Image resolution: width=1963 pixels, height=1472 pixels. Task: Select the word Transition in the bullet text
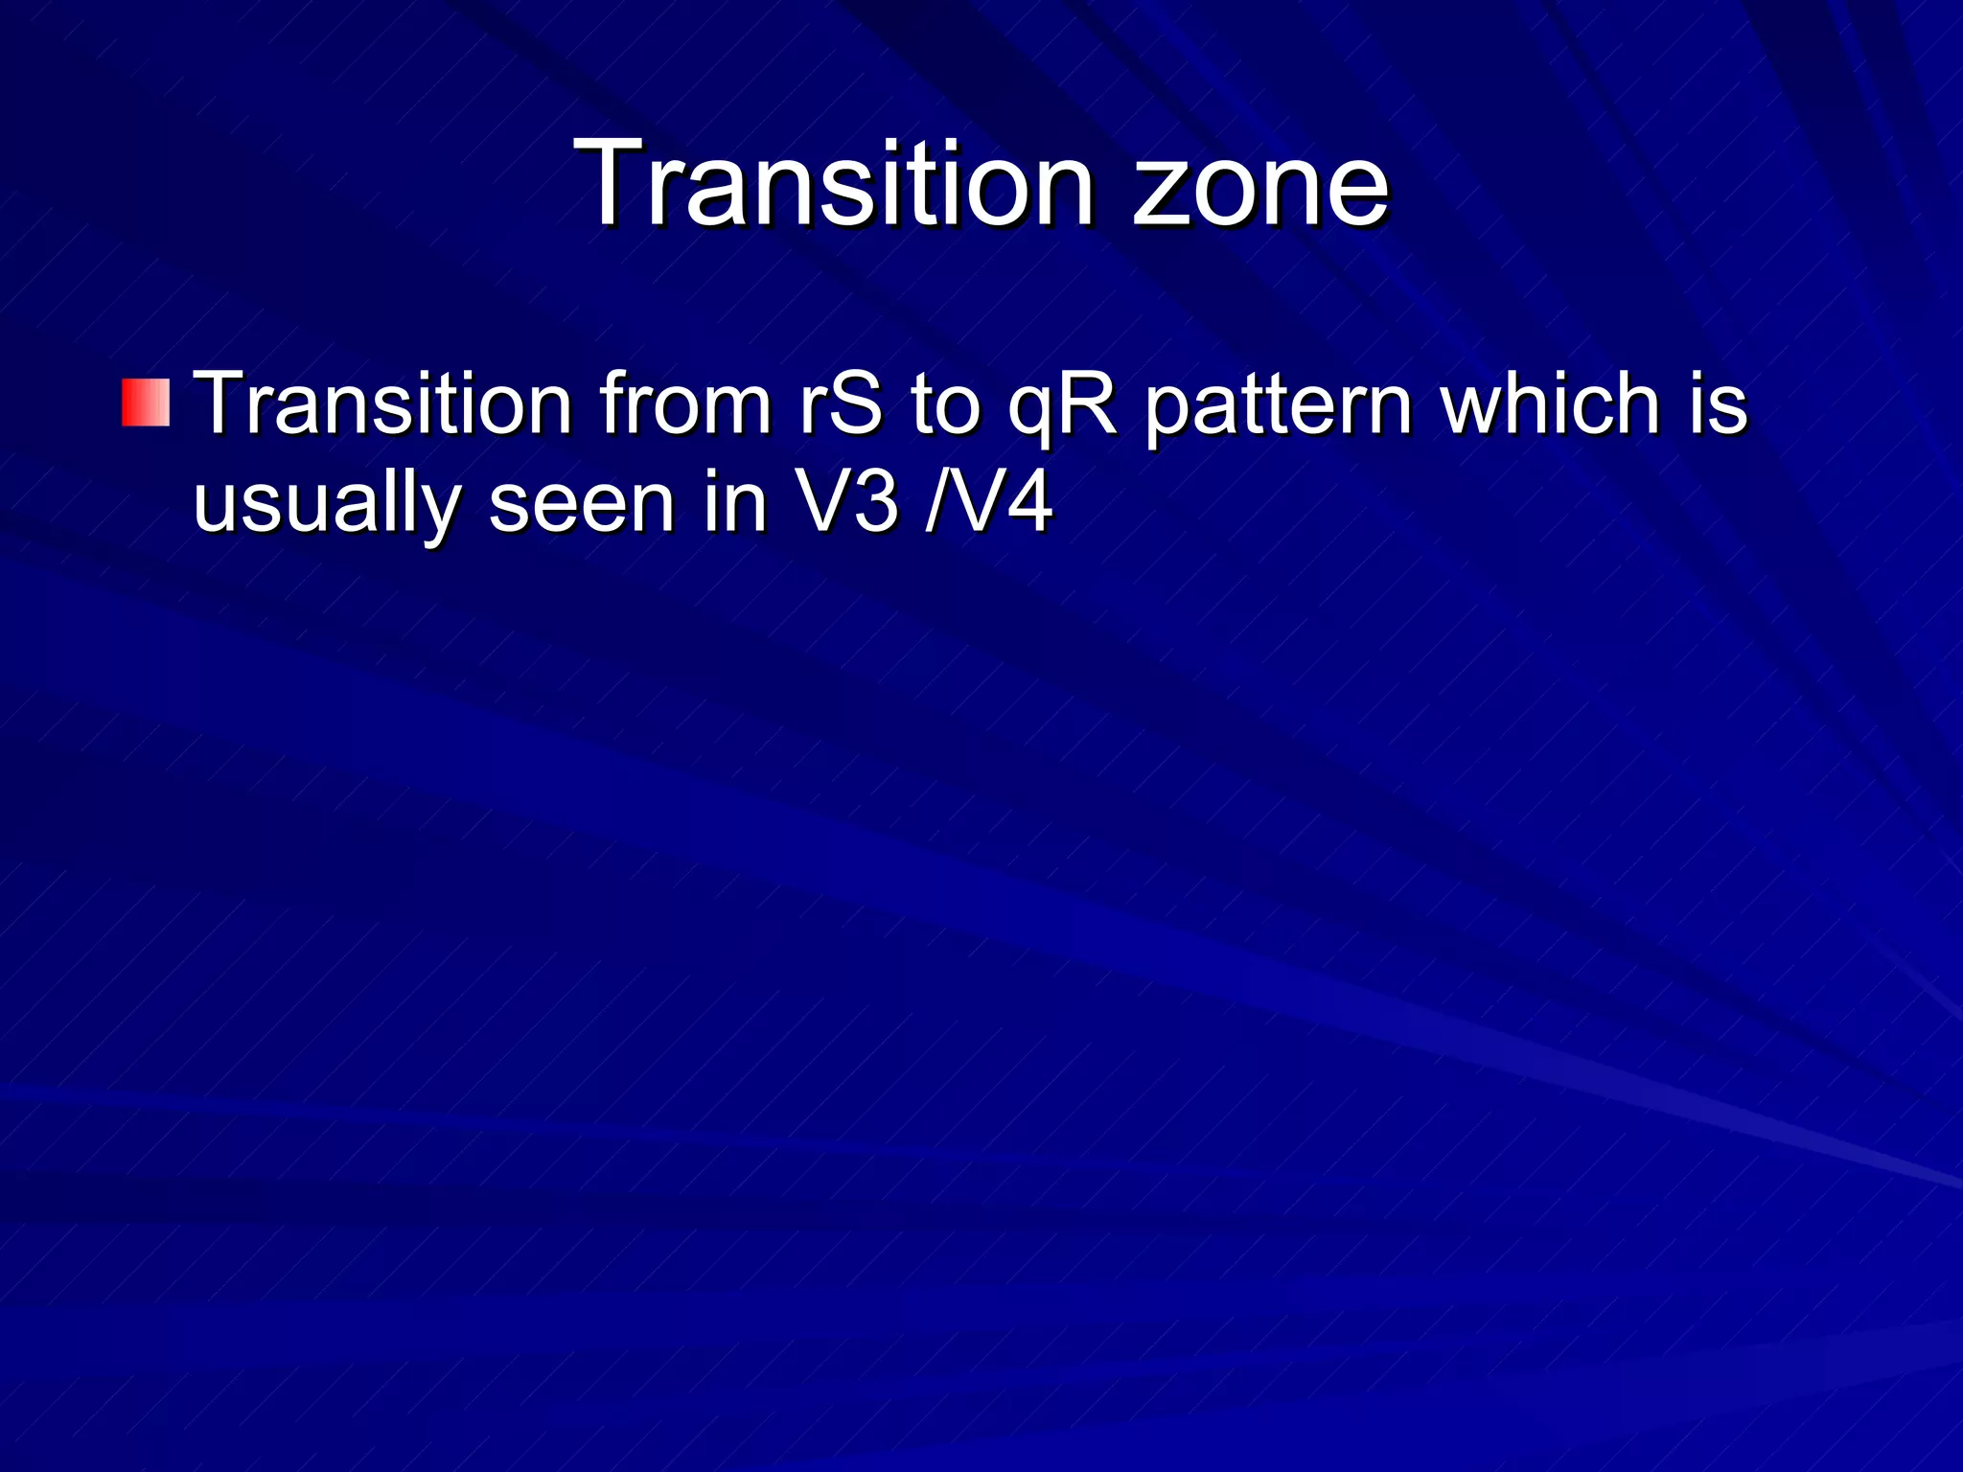[382, 402]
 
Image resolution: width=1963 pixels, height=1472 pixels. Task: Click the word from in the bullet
[686, 402]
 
